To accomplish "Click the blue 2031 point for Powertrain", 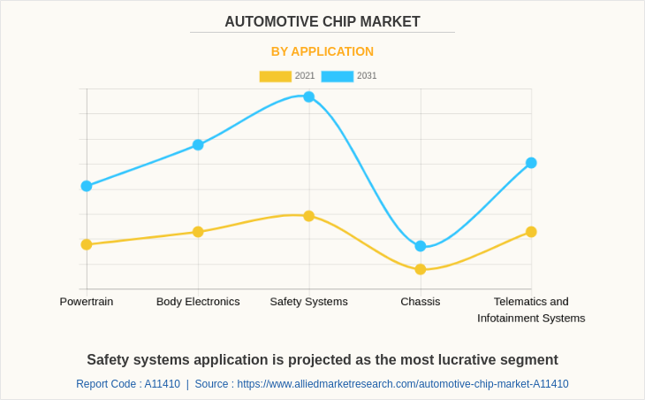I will click(87, 186).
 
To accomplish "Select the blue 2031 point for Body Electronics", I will click(198, 144).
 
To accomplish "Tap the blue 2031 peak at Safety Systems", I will click(309, 96).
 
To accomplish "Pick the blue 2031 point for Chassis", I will click(421, 246).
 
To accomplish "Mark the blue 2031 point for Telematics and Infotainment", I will click(531, 163).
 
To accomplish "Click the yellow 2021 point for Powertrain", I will click(87, 244).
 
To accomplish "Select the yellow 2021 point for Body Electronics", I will click(198, 232).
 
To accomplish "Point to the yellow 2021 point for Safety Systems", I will click(309, 216).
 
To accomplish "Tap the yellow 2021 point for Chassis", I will click(421, 269).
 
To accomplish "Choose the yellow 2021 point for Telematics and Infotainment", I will click(531, 232).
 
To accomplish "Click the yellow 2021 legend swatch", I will click(275, 76).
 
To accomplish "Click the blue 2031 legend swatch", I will click(337, 76).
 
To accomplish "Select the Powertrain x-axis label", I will click(87, 301).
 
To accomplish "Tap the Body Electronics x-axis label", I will click(198, 301).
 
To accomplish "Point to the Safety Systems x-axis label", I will click(309, 301).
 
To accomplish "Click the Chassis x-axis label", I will click(421, 301).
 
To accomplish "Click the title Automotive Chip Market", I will click(322, 22).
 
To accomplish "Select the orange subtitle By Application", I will click(322, 51).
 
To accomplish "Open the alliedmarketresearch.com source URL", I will click(403, 384).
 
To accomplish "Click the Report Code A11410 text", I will click(128, 384).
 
